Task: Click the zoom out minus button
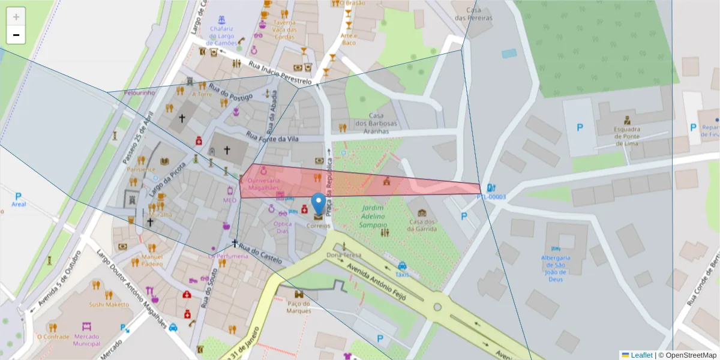coord(16,35)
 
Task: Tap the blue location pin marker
coord(319,205)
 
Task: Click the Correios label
coord(319,226)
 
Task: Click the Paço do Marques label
coord(298,307)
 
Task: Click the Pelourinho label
coord(139,93)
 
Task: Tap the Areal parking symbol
coord(19,196)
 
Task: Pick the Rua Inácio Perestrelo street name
coord(280,73)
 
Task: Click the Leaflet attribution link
coord(640,355)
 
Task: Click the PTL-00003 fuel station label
coord(491,197)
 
